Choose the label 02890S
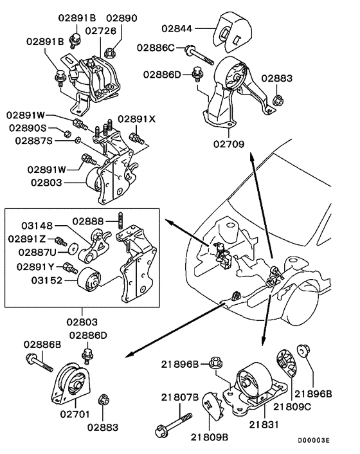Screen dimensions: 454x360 (x=28, y=128)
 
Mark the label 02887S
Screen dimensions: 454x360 (x=28, y=140)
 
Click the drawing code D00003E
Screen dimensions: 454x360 (x=313, y=440)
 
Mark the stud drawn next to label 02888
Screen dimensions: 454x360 (x=120, y=221)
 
